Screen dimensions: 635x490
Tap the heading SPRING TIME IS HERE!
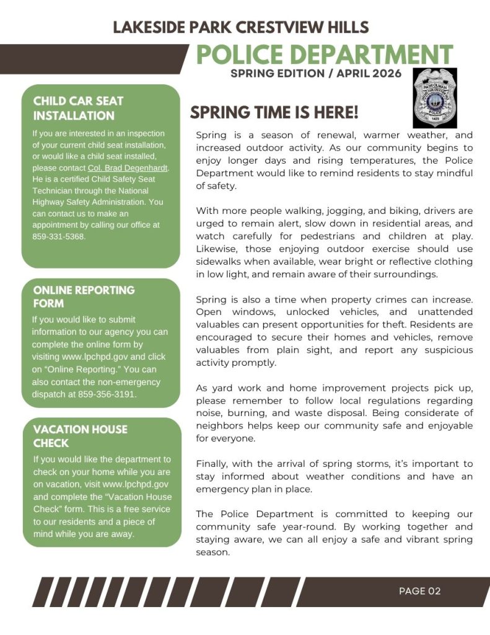pyautogui.click(x=274, y=113)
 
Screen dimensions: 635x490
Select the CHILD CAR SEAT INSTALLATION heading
pyautogui.click(x=78, y=108)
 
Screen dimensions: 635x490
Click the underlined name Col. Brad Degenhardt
pyautogui.click(x=128, y=167)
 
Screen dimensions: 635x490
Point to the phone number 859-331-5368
pyautogui.click(x=59, y=236)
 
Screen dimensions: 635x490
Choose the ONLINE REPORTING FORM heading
pyautogui.click(x=84, y=296)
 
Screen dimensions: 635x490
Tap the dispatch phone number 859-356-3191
pyautogui.click(x=107, y=394)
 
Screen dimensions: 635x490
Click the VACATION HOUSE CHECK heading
pyautogui.click(x=80, y=436)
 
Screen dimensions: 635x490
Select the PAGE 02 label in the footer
pyautogui.click(x=419, y=591)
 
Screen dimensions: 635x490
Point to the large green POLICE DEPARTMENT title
pyautogui.click(x=325, y=54)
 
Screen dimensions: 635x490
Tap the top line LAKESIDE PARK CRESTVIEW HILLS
pyautogui.click(x=241, y=27)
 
